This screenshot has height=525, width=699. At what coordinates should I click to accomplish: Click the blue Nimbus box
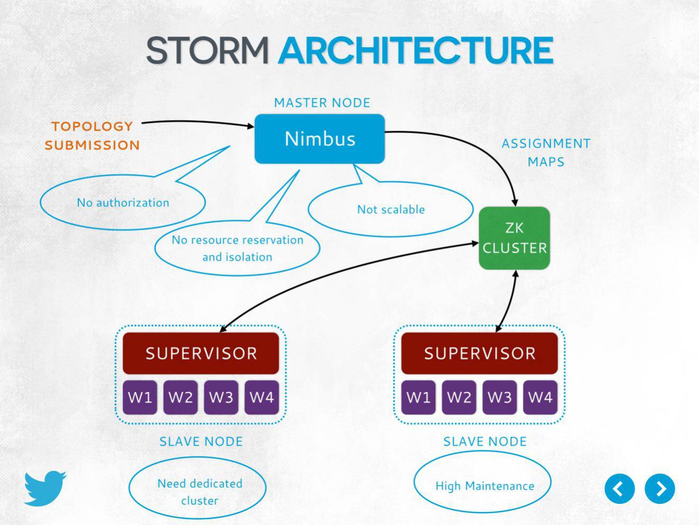(x=319, y=139)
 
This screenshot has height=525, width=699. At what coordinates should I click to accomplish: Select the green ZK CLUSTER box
(x=514, y=238)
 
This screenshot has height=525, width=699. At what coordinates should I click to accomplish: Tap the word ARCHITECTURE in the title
(x=416, y=51)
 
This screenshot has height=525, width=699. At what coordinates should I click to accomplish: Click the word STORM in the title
(x=207, y=51)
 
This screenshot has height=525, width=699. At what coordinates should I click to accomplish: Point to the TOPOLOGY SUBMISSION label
(x=92, y=136)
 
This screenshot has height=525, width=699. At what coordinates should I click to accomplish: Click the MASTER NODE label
(x=322, y=103)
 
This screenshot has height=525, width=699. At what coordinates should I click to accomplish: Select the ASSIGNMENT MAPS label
(x=546, y=153)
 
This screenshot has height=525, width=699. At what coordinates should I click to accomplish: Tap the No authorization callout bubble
(x=123, y=203)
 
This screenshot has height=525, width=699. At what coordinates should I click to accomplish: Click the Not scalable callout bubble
(x=391, y=209)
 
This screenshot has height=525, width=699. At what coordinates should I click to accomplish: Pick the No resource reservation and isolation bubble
(x=237, y=248)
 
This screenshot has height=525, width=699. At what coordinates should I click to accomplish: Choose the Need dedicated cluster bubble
(x=199, y=492)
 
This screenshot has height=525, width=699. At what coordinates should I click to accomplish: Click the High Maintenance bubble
(x=484, y=486)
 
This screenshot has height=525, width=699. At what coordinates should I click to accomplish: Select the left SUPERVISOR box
(x=201, y=353)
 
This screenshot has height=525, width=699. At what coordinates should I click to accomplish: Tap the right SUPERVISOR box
(x=479, y=353)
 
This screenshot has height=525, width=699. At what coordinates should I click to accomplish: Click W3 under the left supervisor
(x=221, y=397)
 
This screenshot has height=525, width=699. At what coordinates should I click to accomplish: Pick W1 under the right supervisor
(x=418, y=397)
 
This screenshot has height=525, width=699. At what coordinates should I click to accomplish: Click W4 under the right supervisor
(x=540, y=397)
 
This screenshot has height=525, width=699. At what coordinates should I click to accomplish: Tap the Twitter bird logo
(x=44, y=488)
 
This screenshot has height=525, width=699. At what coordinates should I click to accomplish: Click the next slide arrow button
(x=660, y=488)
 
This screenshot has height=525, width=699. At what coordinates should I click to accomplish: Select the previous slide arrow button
(x=620, y=488)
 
